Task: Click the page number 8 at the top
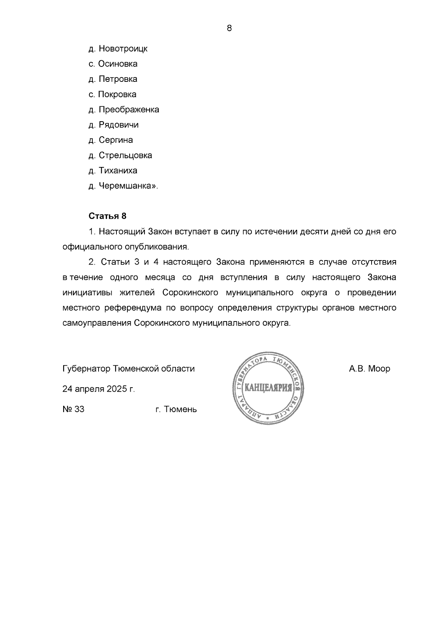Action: click(229, 28)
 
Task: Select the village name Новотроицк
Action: click(123, 49)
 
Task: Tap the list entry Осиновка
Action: click(118, 64)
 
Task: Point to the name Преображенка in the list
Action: click(129, 110)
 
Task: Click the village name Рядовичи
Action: click(119, 125)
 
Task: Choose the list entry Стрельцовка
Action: click(126, 155)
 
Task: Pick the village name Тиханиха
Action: click(118, 171)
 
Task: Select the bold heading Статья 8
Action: click(107, 216)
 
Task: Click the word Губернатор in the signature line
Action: click(87, 369)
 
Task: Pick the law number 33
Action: click(79, 409)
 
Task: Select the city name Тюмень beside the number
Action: click(180, 410)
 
